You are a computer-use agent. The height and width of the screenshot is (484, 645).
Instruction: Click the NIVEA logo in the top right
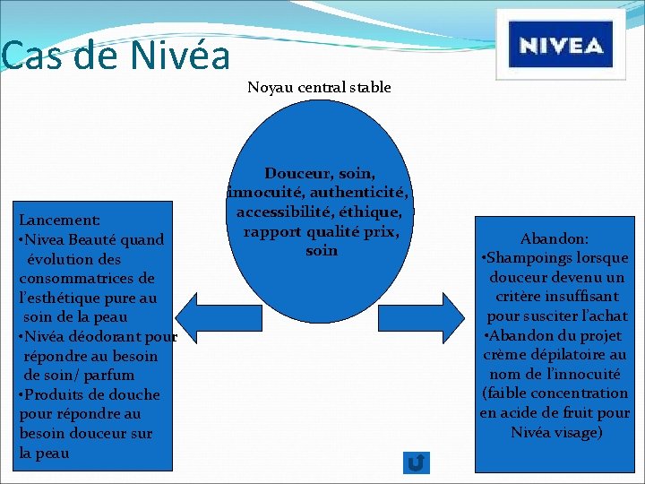point(561,45)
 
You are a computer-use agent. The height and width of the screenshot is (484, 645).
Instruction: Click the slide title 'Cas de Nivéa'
point(116,56)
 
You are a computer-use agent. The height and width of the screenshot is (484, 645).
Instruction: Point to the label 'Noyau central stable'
point(319,88)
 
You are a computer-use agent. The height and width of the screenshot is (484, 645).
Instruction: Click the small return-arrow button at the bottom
point(417,462)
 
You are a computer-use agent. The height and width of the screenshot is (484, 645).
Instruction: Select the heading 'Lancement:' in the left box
point(59,220)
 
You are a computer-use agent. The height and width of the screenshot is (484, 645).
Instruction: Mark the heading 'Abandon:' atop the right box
point(555,239)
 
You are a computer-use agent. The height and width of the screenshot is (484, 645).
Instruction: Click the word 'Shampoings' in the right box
point(529,258)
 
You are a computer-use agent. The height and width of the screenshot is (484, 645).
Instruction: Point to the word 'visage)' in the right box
point(578,432)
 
